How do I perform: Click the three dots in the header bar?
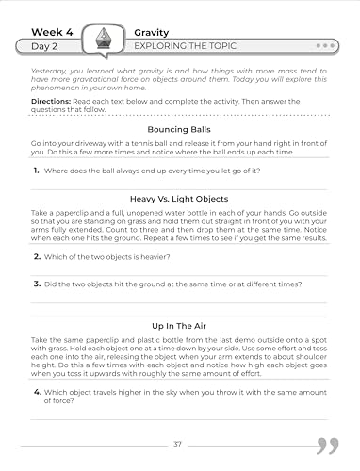(326, 45)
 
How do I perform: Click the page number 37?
(179, 444)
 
